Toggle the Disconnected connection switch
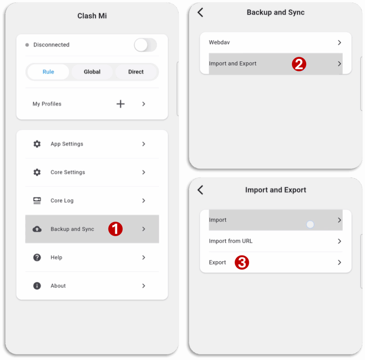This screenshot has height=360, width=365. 145,45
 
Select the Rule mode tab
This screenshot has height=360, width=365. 48,72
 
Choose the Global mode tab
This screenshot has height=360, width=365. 92,72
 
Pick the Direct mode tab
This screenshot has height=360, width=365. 136,72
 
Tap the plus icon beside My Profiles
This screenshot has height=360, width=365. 120,104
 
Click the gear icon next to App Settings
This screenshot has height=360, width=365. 37,144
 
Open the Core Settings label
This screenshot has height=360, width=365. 68,172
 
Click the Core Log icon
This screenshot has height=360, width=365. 37,201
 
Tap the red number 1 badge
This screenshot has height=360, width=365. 115,229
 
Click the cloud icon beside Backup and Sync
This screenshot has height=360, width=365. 37,229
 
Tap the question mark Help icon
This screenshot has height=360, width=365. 37,257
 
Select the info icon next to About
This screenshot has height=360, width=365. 37,286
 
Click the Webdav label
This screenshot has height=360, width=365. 219,42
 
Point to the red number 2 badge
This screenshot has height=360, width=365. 299,64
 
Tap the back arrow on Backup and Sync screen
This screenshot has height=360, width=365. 200,12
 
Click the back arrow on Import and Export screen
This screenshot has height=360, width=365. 200,190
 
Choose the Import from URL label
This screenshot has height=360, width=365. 231,241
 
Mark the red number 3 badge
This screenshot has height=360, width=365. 242,262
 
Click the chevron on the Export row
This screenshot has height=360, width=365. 339,262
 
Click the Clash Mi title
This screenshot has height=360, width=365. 92,16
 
